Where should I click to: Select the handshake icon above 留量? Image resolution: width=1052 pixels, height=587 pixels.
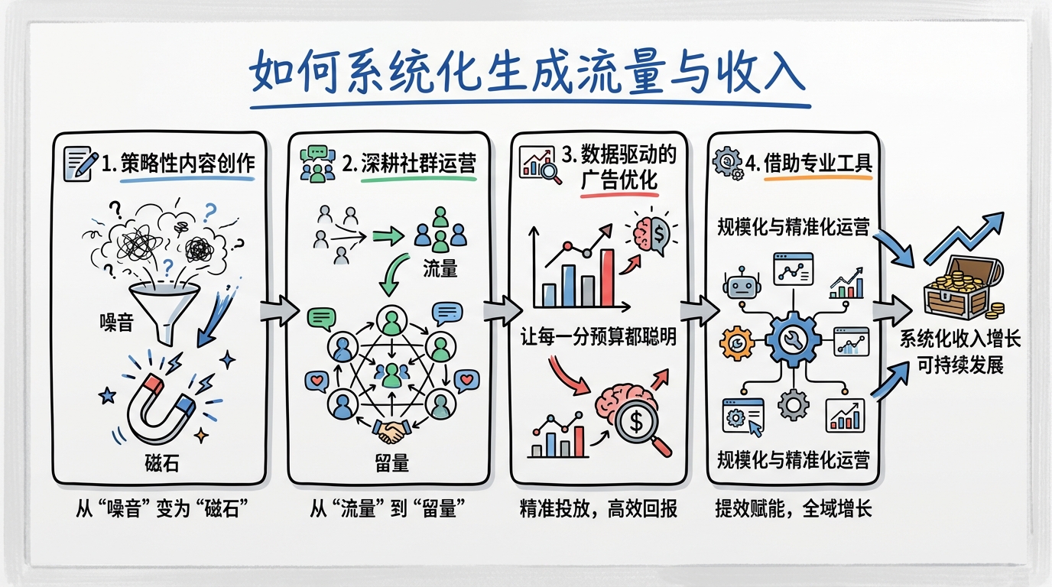tap(391, 433)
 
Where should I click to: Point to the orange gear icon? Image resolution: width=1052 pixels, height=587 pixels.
tap(736, 343)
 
